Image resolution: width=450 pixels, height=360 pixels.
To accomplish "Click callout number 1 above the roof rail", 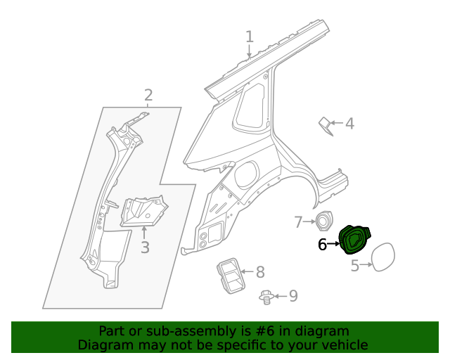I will pyautogui.click(x=250, y=37).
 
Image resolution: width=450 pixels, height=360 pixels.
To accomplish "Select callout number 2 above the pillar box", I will pyautogui.click(x=148, y=95).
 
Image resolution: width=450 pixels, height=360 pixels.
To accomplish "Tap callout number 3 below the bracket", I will pyautogui.click(x=145, y=247).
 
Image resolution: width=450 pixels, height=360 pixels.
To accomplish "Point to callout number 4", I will pyautogui.click(x=349, y=124).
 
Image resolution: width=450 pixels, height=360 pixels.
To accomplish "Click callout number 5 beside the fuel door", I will pyautogui.click(x=355, y=265).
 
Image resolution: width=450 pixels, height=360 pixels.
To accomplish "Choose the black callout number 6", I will pyautogui.click(x=323, y=245).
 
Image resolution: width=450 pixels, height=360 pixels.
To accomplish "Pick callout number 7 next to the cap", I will pyautogui.click(x=298, y=222).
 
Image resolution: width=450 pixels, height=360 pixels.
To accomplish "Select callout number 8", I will pyautogui.click(x=259, y=271).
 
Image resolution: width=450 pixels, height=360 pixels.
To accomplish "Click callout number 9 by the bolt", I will pyautogui.click(x=292, y=296).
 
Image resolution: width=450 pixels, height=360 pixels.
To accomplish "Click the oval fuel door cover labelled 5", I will pyautogui.click(x=385, y=257).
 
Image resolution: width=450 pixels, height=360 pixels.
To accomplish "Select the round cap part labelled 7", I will pyautogui.click(x=323, y=221).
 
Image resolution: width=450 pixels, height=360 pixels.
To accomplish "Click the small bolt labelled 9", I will pyautogui.click(x=266, y=297).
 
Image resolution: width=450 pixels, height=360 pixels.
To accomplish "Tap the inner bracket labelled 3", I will pyautogui.click(x=143, y=211).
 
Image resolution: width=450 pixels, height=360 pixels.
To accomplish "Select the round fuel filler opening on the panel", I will pyautogui.click(x=247, y=174).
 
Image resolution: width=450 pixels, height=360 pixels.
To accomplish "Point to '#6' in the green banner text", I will pyautogui.click(x=257, y=330).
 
